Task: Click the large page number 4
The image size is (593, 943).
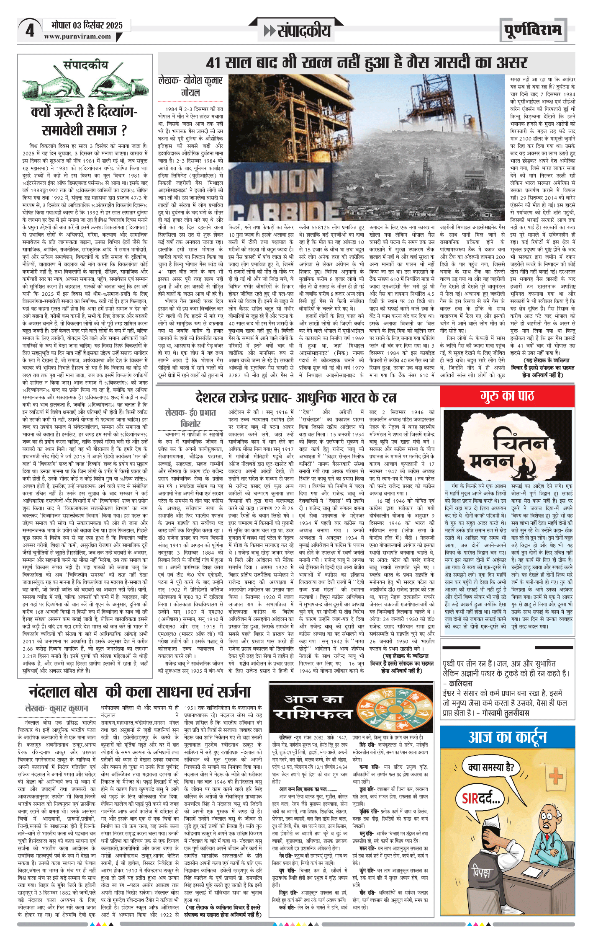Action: click(x=29, y=31)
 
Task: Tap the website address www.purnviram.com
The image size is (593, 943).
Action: click(x=77, y=37)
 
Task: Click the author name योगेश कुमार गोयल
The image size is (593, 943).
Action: click(x=191, y=86)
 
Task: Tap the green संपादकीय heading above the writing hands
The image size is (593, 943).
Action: click(x=86, y=65)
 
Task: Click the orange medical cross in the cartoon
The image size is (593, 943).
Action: click(x=556, y=776)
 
